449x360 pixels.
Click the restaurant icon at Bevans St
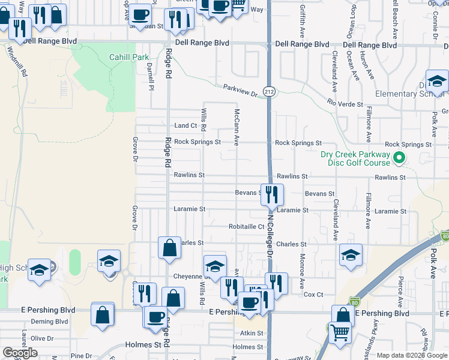tap(272, 194)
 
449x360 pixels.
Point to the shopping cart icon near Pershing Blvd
tap(340, 331)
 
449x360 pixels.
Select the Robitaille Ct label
tap(246, 227)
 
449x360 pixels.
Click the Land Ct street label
tap(185, 125)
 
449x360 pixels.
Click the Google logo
tap(19, 353)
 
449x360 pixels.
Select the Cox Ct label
tap(313, 295)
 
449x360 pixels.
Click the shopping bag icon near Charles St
tap(169, 247)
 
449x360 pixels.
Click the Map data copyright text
tap(411, 355)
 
